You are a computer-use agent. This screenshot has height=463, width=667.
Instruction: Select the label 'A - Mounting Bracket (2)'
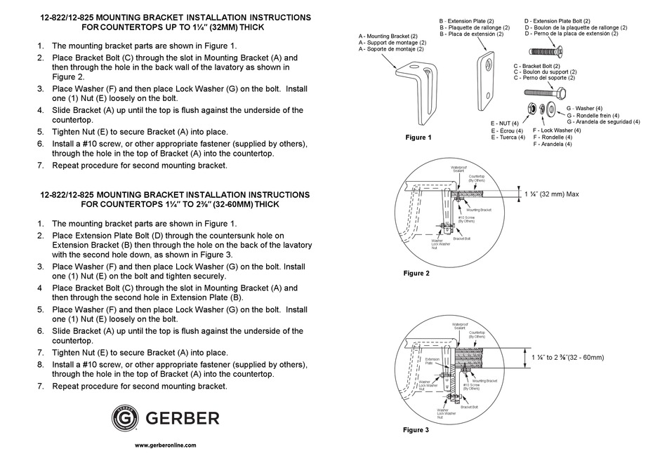pos(388,36)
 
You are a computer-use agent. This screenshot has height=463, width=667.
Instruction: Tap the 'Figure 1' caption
pos(418,137)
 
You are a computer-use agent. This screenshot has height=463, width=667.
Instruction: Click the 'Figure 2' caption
pos(417,273)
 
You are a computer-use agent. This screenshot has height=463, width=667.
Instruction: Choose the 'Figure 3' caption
pos(417,429)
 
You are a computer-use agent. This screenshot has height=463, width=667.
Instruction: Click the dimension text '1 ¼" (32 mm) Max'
pos(552,194)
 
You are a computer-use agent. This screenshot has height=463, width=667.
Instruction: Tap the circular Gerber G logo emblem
pos(126,418)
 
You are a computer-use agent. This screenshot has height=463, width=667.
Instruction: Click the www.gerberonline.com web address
pos(166,445)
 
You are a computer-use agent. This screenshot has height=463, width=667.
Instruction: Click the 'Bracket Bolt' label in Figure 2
pos(461,239)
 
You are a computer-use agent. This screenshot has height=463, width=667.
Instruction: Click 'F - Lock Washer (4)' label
pos(557,130)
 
